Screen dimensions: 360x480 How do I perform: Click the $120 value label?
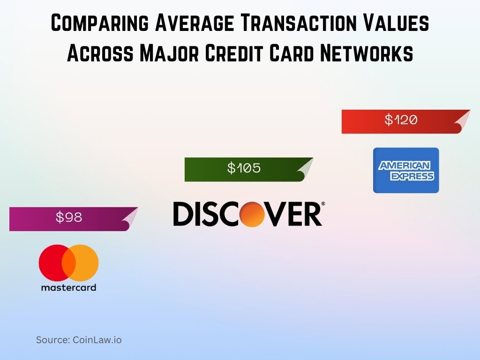tap(401, 120)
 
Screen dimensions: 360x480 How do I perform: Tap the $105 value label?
tap(244, 168)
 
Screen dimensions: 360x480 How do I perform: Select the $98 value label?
tap(69, 217)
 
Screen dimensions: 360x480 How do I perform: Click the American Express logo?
tap(406, 170)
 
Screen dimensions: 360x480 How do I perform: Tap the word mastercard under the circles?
tap(68, 287)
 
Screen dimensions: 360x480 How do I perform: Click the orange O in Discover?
tap(254, 215)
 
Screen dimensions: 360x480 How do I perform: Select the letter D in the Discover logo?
tap(183, 215)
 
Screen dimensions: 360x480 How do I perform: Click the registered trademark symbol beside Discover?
tap(322, 204)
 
